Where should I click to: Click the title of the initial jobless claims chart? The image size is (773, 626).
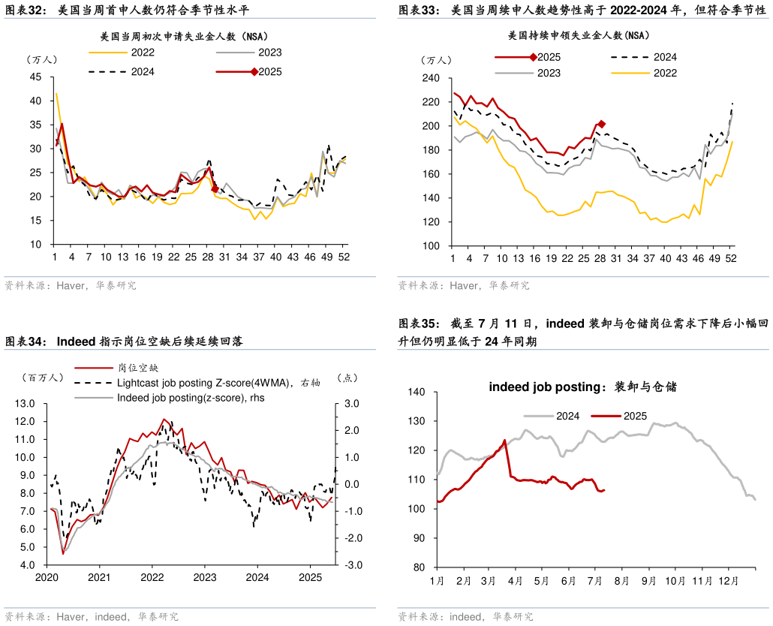pyautogui.click(x=184, y=36)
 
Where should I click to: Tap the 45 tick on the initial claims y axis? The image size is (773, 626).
pyautogui.click(x=36, y=77)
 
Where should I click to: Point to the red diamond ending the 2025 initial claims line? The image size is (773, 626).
pyautogui.click(x=215, y=189)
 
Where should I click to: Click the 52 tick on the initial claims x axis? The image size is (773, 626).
pyautogui.click(x=344, y=257)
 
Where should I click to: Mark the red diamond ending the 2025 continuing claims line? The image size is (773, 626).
pyautogui.click(x=601, y=124)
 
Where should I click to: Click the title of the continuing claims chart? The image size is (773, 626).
pyautogui.click(x=578, y=35)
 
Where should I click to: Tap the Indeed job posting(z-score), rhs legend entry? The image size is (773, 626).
pyautogui.click(x=191, y=398)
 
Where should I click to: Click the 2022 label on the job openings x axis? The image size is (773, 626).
pyautogui.click(x=152, y=577)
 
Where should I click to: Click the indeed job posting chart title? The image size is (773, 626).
pyautogui.click(x=582, y=387)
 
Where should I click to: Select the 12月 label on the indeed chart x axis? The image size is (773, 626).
pyautogui.click(x=729, y=580)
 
